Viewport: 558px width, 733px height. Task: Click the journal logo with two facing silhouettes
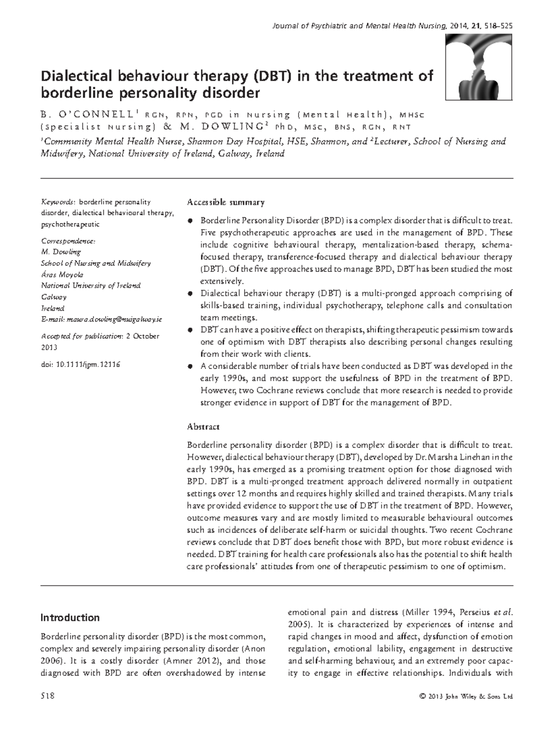click(x=479, y=67)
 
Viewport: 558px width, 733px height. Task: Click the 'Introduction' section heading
click(x=70, y=618)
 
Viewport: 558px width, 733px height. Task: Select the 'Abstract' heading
click(x=203, y=426)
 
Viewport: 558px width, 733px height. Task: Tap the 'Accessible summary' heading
click(x=226, y=202)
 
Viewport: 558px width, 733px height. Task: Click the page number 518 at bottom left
click(x=48, y=696)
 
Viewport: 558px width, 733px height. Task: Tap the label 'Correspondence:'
click(x=68, y=241)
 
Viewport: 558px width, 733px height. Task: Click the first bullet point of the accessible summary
click(x=189, y=220)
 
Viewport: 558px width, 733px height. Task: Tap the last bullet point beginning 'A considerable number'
click(x=189, y=366)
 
